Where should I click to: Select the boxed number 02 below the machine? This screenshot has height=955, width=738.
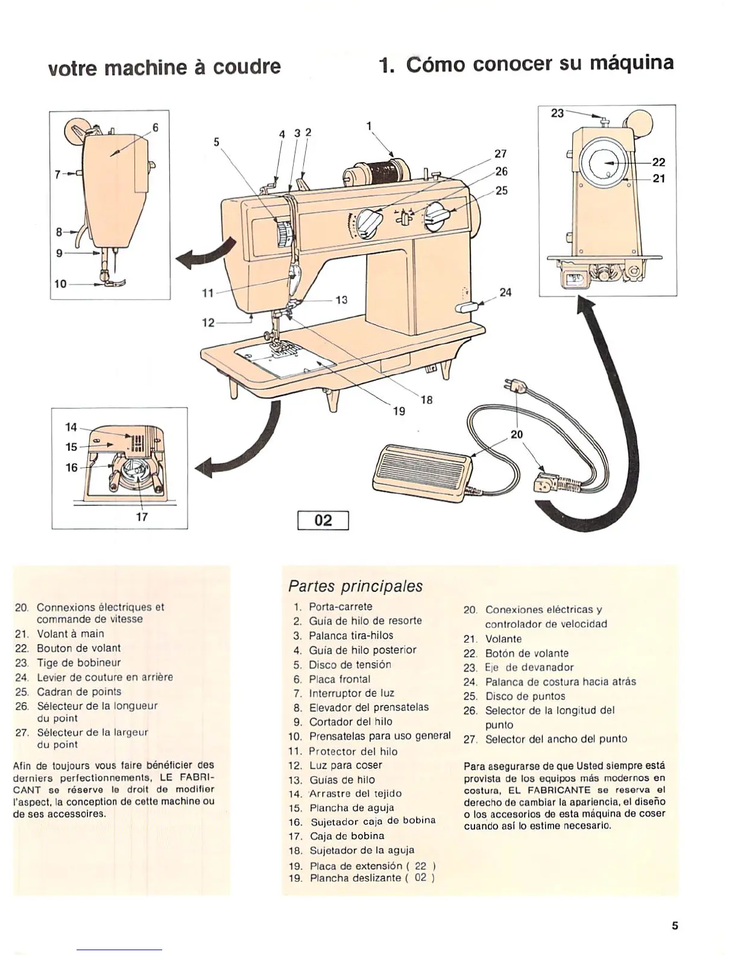(x=324, y=520)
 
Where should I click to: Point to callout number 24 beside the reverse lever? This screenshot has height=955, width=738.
(x=505, y=292)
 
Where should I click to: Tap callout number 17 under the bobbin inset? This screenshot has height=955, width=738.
(x=142, y=517)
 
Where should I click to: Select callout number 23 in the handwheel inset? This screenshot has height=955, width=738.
(x=557, y=113)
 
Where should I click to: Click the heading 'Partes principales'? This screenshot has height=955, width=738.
(x=355, y=586)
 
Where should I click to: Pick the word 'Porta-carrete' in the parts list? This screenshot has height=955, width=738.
(x=340, y=607)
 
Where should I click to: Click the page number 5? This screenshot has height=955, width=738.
(x=675, y=925)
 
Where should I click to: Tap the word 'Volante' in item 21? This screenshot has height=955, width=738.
(x=503, y=638)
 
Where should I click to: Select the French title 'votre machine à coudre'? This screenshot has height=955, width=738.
(x=164, y=66)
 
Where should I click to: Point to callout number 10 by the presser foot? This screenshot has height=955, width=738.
(x=60, y=283)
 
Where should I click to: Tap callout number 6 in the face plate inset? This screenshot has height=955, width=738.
(x=155, y=128)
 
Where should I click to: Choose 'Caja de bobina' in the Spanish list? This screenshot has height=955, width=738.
(x=347, y=836)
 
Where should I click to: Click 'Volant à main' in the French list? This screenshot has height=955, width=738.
(x=70, y=634)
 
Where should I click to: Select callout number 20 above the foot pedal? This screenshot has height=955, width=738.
(x=517, y=434)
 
